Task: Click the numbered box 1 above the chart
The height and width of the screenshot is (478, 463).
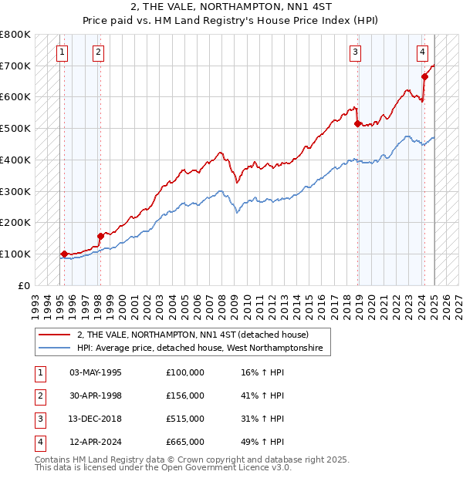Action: [x=62, y=52]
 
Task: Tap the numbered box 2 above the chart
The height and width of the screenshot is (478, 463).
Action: [x=99, y=52]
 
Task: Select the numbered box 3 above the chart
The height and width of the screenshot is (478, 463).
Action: [x=355, y=52]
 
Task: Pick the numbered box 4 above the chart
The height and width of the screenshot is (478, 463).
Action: [x=423, y=52]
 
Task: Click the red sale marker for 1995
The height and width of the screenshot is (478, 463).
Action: [x=64, y=254]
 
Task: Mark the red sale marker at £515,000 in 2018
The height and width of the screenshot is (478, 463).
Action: [x=357, y=123]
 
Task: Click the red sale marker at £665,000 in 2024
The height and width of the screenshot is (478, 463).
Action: [x=424, y=76]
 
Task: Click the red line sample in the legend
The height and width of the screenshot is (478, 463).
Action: [x=55, y=335]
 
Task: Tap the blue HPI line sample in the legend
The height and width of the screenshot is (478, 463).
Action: [x=55, y=349]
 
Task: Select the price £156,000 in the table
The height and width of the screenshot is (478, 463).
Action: [x=185, y=396]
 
